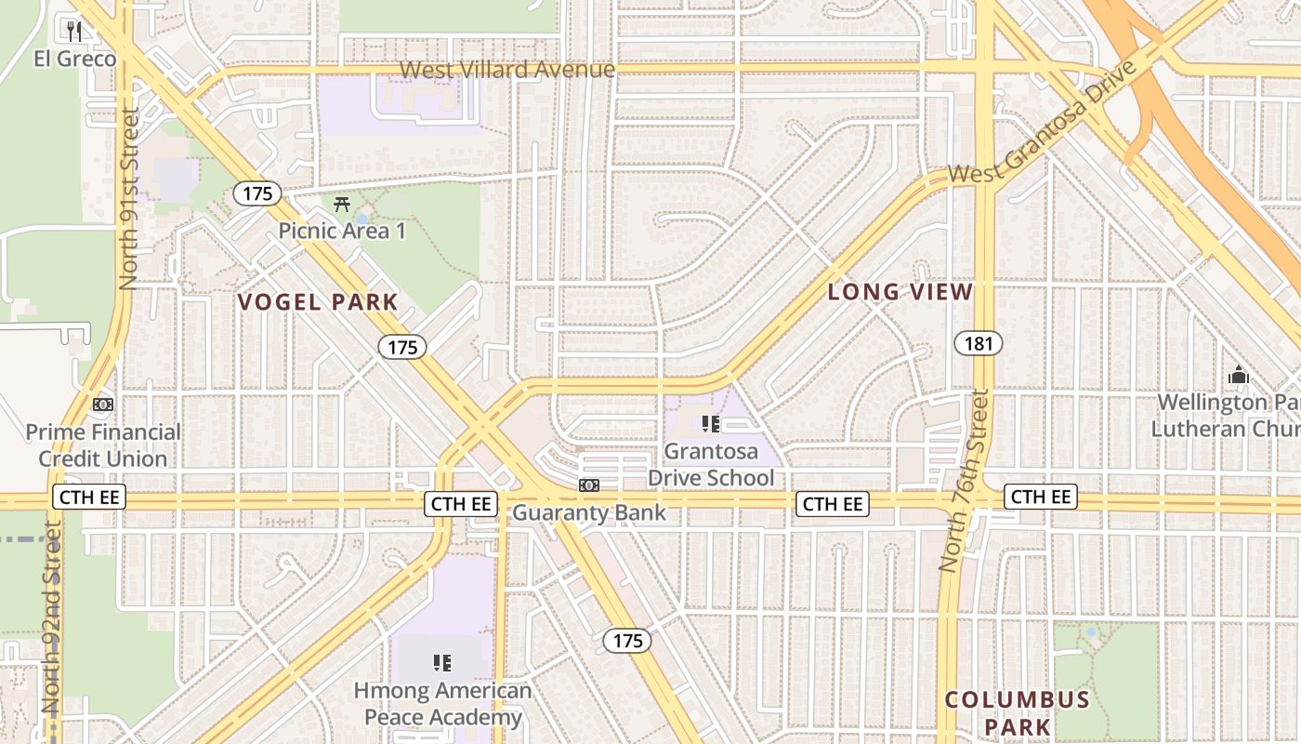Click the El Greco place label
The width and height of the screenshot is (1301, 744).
click(x=75, y=60)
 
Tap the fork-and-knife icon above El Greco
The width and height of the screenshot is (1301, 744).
click(x=75, y=32)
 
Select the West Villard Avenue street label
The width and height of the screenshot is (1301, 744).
click(x=507, y=70)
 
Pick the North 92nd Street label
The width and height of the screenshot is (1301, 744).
click(x=52, y=618)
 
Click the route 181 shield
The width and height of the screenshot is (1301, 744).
click(x=979, y=344)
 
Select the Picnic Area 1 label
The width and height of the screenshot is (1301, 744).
click(x=343, y=231)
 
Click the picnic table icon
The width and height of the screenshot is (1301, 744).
click(x=342, y=204)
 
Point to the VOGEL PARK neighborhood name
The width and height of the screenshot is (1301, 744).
click(x=318, y=302)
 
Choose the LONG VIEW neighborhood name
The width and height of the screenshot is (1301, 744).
click(x=900, y=292)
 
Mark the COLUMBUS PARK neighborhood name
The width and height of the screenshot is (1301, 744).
click(x=1017, y=713)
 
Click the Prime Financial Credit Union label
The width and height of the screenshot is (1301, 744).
click(x=103, y=445)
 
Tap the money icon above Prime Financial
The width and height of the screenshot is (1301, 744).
click(x=103, y=405)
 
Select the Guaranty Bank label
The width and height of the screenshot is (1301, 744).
click(x=589, y=512)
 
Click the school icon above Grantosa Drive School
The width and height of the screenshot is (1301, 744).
click(x=711, y=425)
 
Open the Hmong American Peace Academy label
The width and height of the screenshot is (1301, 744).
click(x=442, y=704)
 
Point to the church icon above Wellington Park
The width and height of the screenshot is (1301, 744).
click(x=1238, y=376)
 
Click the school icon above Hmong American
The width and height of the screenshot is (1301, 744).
click(x=442, y=663)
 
